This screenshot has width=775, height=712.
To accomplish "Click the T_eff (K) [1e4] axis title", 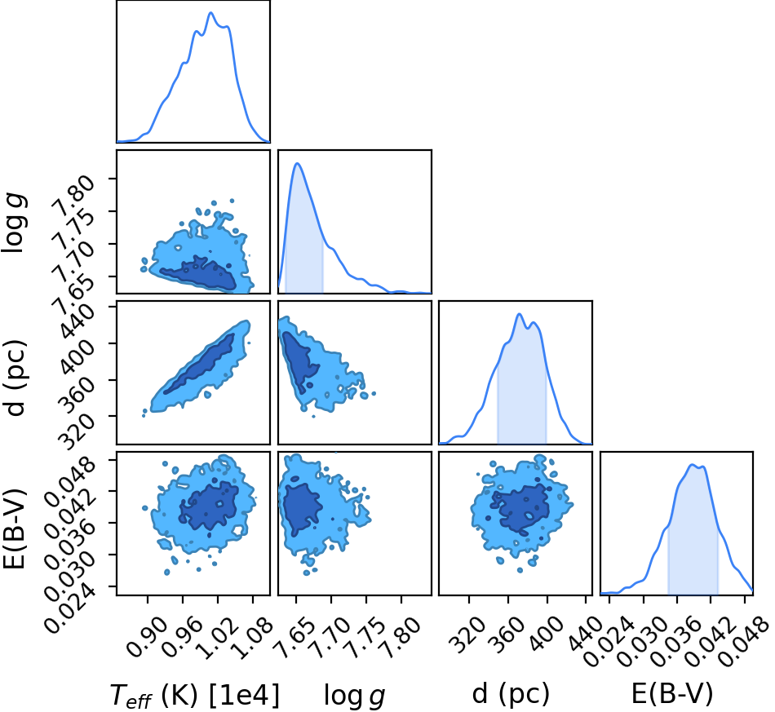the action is click(194, 695).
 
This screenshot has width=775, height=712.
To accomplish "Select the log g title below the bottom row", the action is click(354, 696).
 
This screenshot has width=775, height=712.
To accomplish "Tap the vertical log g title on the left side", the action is click(14, 223).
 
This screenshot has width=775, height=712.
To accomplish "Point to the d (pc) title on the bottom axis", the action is click(511, 694).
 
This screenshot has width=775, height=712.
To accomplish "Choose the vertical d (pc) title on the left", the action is click(14, 378).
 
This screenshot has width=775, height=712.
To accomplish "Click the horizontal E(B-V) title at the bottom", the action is click(672, 694).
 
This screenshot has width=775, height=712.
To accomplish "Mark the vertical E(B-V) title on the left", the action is click(14, 528).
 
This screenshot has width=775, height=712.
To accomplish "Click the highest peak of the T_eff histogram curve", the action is click(210, 12).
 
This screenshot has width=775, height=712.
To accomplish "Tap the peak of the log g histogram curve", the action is click(297, 163).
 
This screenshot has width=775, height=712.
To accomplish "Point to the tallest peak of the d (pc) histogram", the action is click(519, 314).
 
